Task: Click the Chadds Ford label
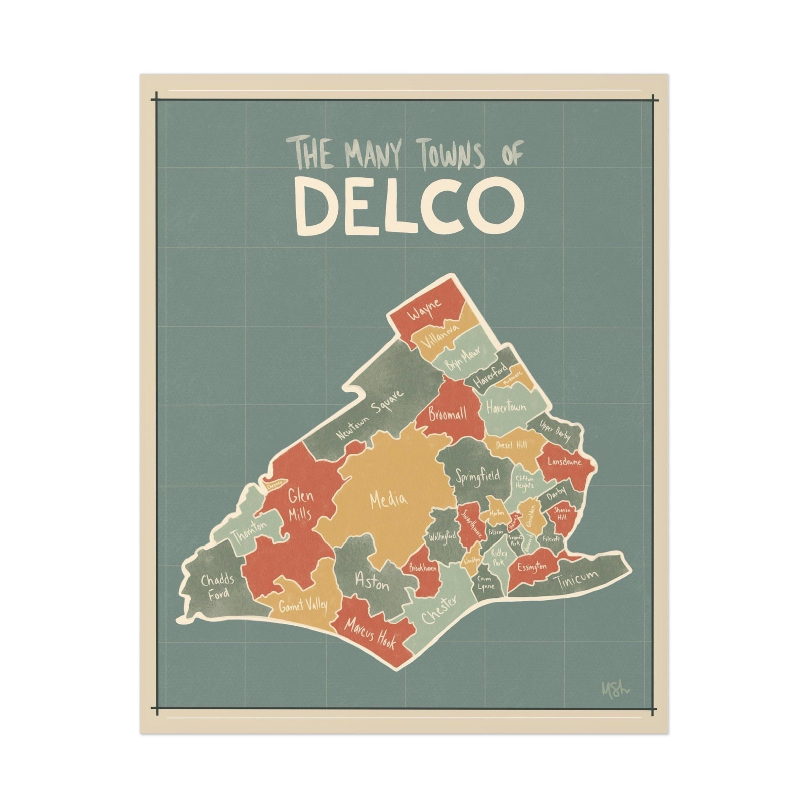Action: pyautogui.click(x=217, y=586)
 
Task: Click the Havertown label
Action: pyautogui.click(x=506, y=407)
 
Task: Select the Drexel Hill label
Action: pyautogui.click(x=511, y=445)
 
